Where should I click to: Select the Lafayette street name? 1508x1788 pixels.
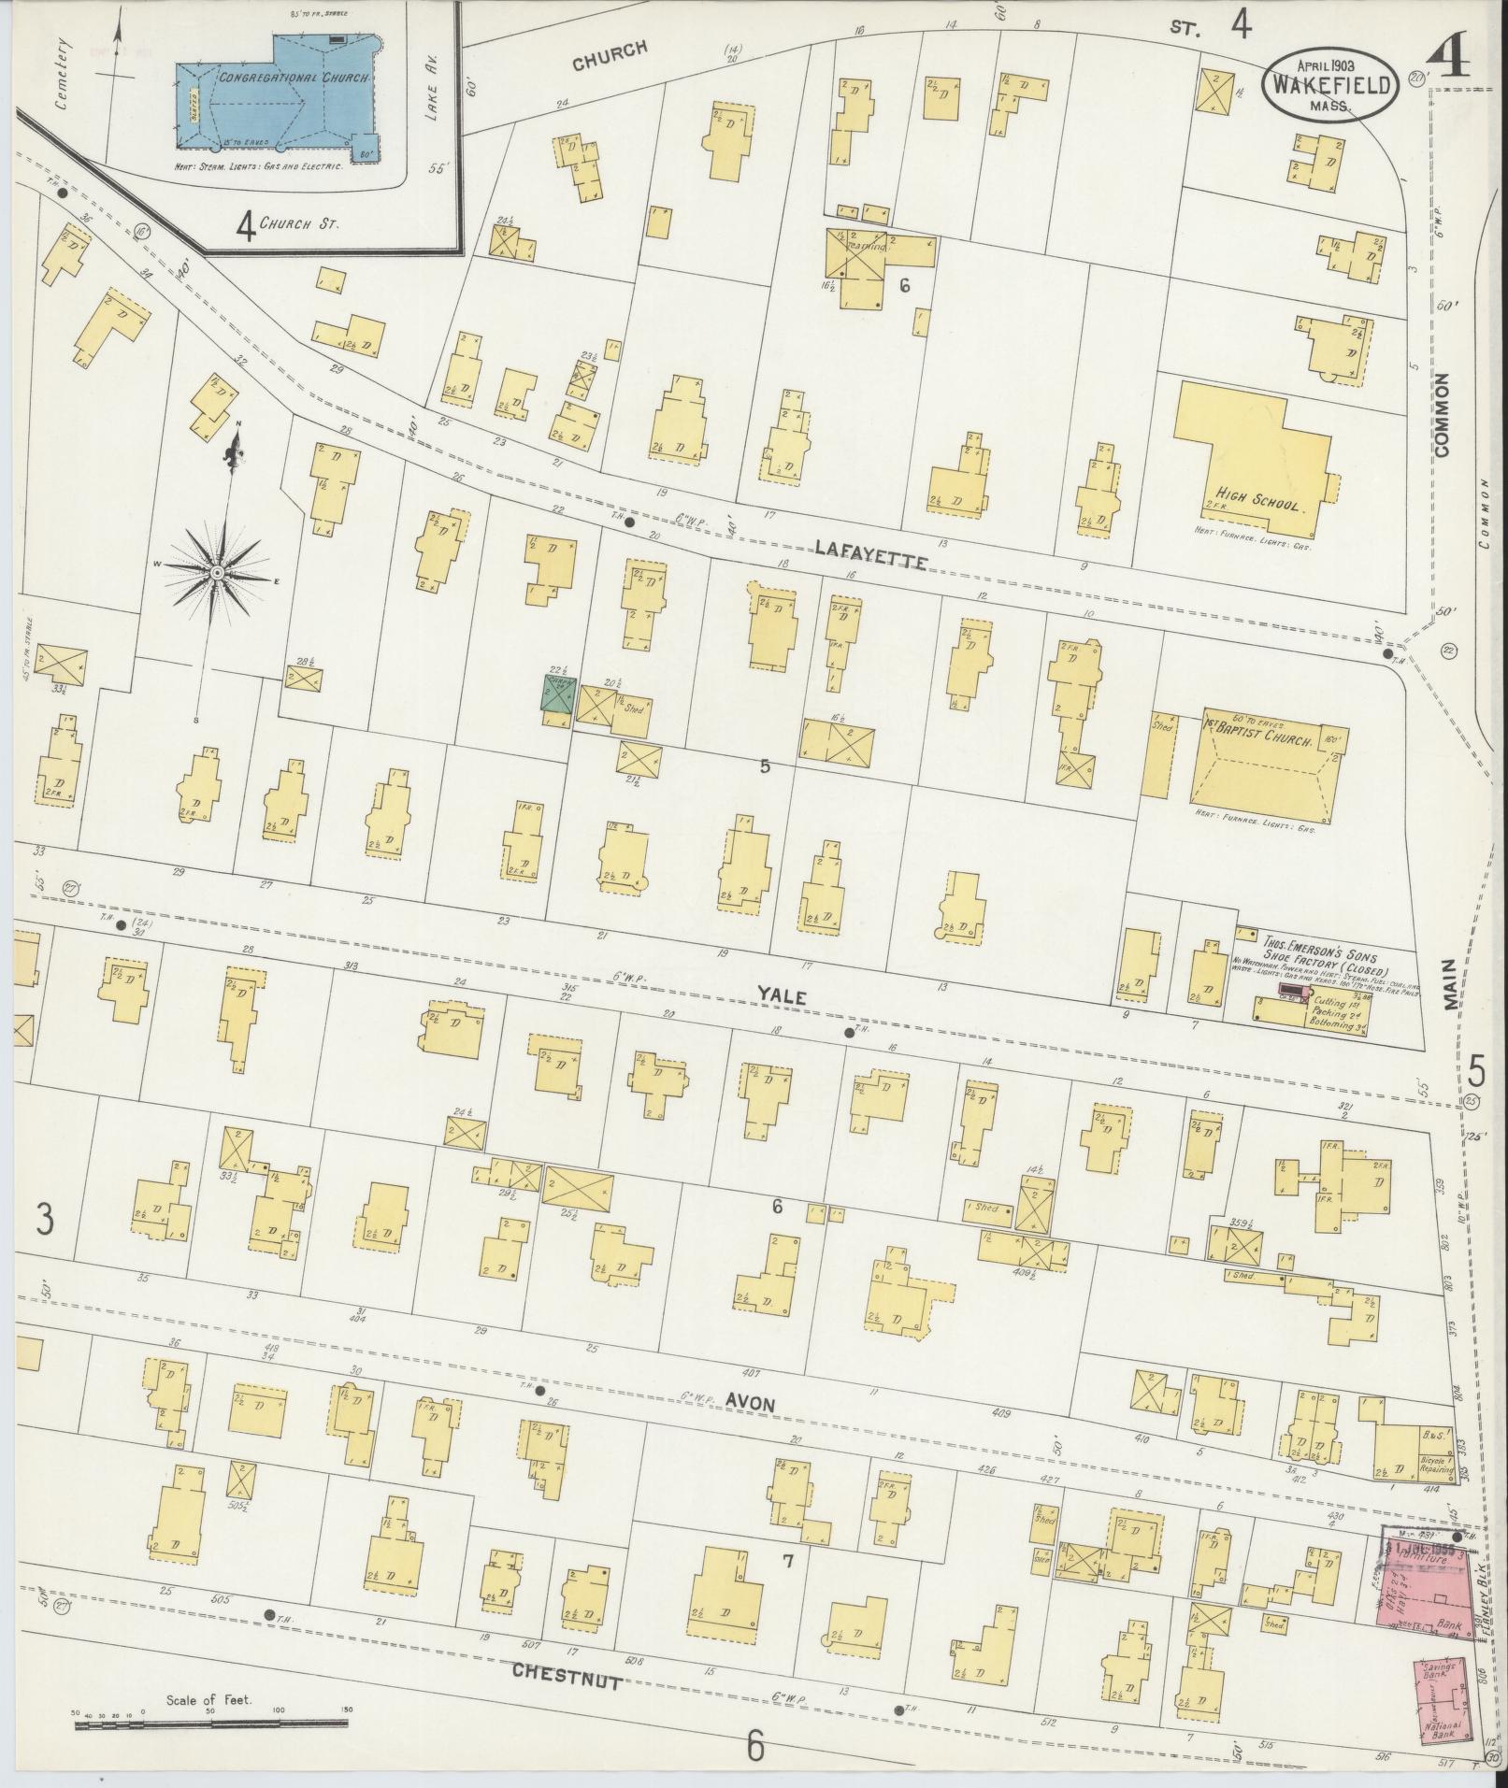tap(869, 555)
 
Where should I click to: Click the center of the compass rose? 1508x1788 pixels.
tap(217, 571)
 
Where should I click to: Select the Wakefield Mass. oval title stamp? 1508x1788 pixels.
tap(1332, 86)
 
